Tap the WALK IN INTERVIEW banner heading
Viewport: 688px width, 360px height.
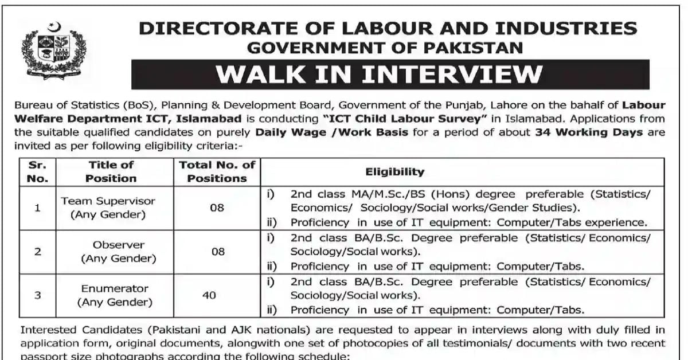[390, 75]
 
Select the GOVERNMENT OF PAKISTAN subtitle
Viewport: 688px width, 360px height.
[385, 48]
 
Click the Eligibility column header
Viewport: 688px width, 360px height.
[395, 171]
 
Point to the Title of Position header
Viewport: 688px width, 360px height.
[111, 171]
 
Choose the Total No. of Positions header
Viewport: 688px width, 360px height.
[217, 171]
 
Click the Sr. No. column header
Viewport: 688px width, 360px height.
[38, 171]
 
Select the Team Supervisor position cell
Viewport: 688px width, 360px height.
[108, 208]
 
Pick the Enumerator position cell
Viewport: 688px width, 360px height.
[115, 295]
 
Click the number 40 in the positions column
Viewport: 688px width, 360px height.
[209, 295]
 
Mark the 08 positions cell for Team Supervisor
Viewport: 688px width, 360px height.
[217, 208]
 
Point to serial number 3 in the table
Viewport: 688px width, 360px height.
[38, 295]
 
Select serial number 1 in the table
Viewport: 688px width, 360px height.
[38, 208]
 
